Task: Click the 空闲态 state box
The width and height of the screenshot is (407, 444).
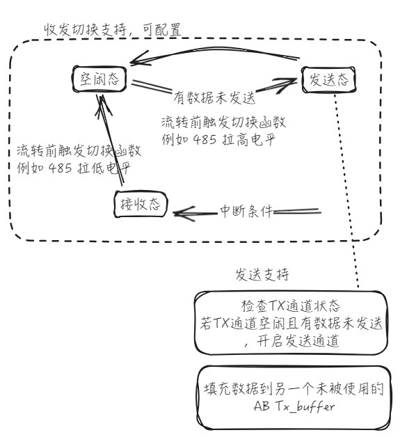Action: click(99, 79)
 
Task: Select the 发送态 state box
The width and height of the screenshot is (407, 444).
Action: click(328, 80)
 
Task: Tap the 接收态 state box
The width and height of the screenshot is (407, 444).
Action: click(141, 204)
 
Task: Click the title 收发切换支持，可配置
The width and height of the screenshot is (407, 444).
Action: click(113, 30)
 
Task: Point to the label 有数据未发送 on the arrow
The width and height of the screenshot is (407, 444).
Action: click(214, 98)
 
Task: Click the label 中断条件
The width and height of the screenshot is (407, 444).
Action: click(246, 212)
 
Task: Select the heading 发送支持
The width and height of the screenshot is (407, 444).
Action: click(262, 274)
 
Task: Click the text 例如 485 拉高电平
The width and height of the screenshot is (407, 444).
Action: click(218, 140)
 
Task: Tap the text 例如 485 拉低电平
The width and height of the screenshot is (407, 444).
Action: click(73, 168)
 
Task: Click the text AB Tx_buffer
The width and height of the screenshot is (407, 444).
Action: click(294, 406)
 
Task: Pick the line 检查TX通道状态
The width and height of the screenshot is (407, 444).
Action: click(291, 306)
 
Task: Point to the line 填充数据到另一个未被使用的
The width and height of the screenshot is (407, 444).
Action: click(294, 389)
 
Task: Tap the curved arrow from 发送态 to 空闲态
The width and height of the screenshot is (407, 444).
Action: click(215, 49)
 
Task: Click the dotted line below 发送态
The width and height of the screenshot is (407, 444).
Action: click(346, 191)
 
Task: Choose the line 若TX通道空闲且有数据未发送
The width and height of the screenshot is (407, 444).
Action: click(292, 324)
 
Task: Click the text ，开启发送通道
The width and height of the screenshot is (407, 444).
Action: click(292, 340)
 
